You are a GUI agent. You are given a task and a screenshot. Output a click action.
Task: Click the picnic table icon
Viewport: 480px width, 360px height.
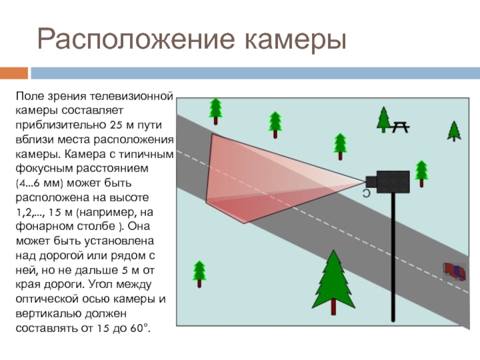[400, 127]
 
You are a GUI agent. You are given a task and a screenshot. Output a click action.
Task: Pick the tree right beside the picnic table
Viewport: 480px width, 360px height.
[383, 118]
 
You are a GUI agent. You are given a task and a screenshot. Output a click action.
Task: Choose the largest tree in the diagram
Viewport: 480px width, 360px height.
[332, 283]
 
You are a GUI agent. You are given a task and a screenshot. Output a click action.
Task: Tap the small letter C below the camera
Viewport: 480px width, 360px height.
[365, 193]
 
